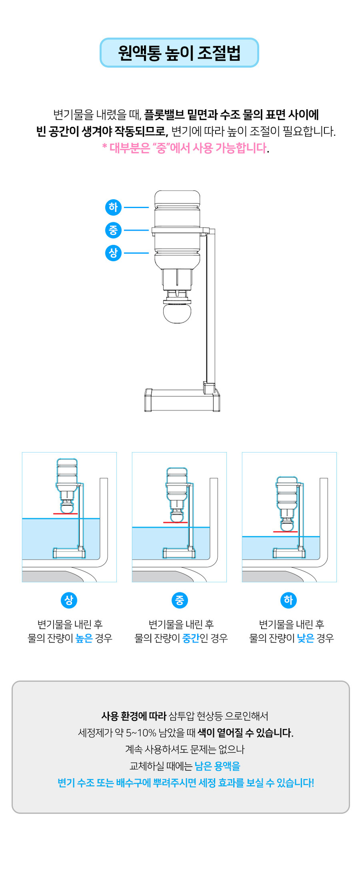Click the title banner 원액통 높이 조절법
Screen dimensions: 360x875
pyautogui.click(x=179, y=53)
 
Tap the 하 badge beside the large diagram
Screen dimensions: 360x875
pyautogui.click(x=113, y=207)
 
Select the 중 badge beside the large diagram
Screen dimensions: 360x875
pyautogui.click(x=113, y=230)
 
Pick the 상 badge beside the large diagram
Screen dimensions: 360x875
pyautogui.click(x=113, y=253)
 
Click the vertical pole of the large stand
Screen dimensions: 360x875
pyautogui.click(x=211, y=310)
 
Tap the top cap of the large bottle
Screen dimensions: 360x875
pyautogui.click(x=177, y=197)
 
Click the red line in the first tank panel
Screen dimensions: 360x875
pyautogui.click(x=65, y=513)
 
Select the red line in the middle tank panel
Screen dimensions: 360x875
pyautogui.click(x=175, y=522)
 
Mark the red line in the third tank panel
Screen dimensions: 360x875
pyautogui.click(x=285, y=532)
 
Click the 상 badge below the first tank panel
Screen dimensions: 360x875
pyautogui.click(x=69, y=600)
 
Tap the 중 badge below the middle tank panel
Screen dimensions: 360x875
pyautogui.click(x=180, y=600)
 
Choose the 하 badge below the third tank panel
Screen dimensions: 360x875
pyautogui.click(x=288, y=600)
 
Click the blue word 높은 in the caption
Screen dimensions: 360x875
pyautogui.click(x=84, y=638)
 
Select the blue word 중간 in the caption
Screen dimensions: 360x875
pyautogui.click(x=191, y=638)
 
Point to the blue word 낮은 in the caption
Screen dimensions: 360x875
pyautogui.click(x=306, y=638)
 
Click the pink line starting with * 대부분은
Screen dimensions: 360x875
pyautogui.click(x=185, y=148)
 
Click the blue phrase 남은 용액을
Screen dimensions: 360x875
pyautogui.click(x=218, y=766)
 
